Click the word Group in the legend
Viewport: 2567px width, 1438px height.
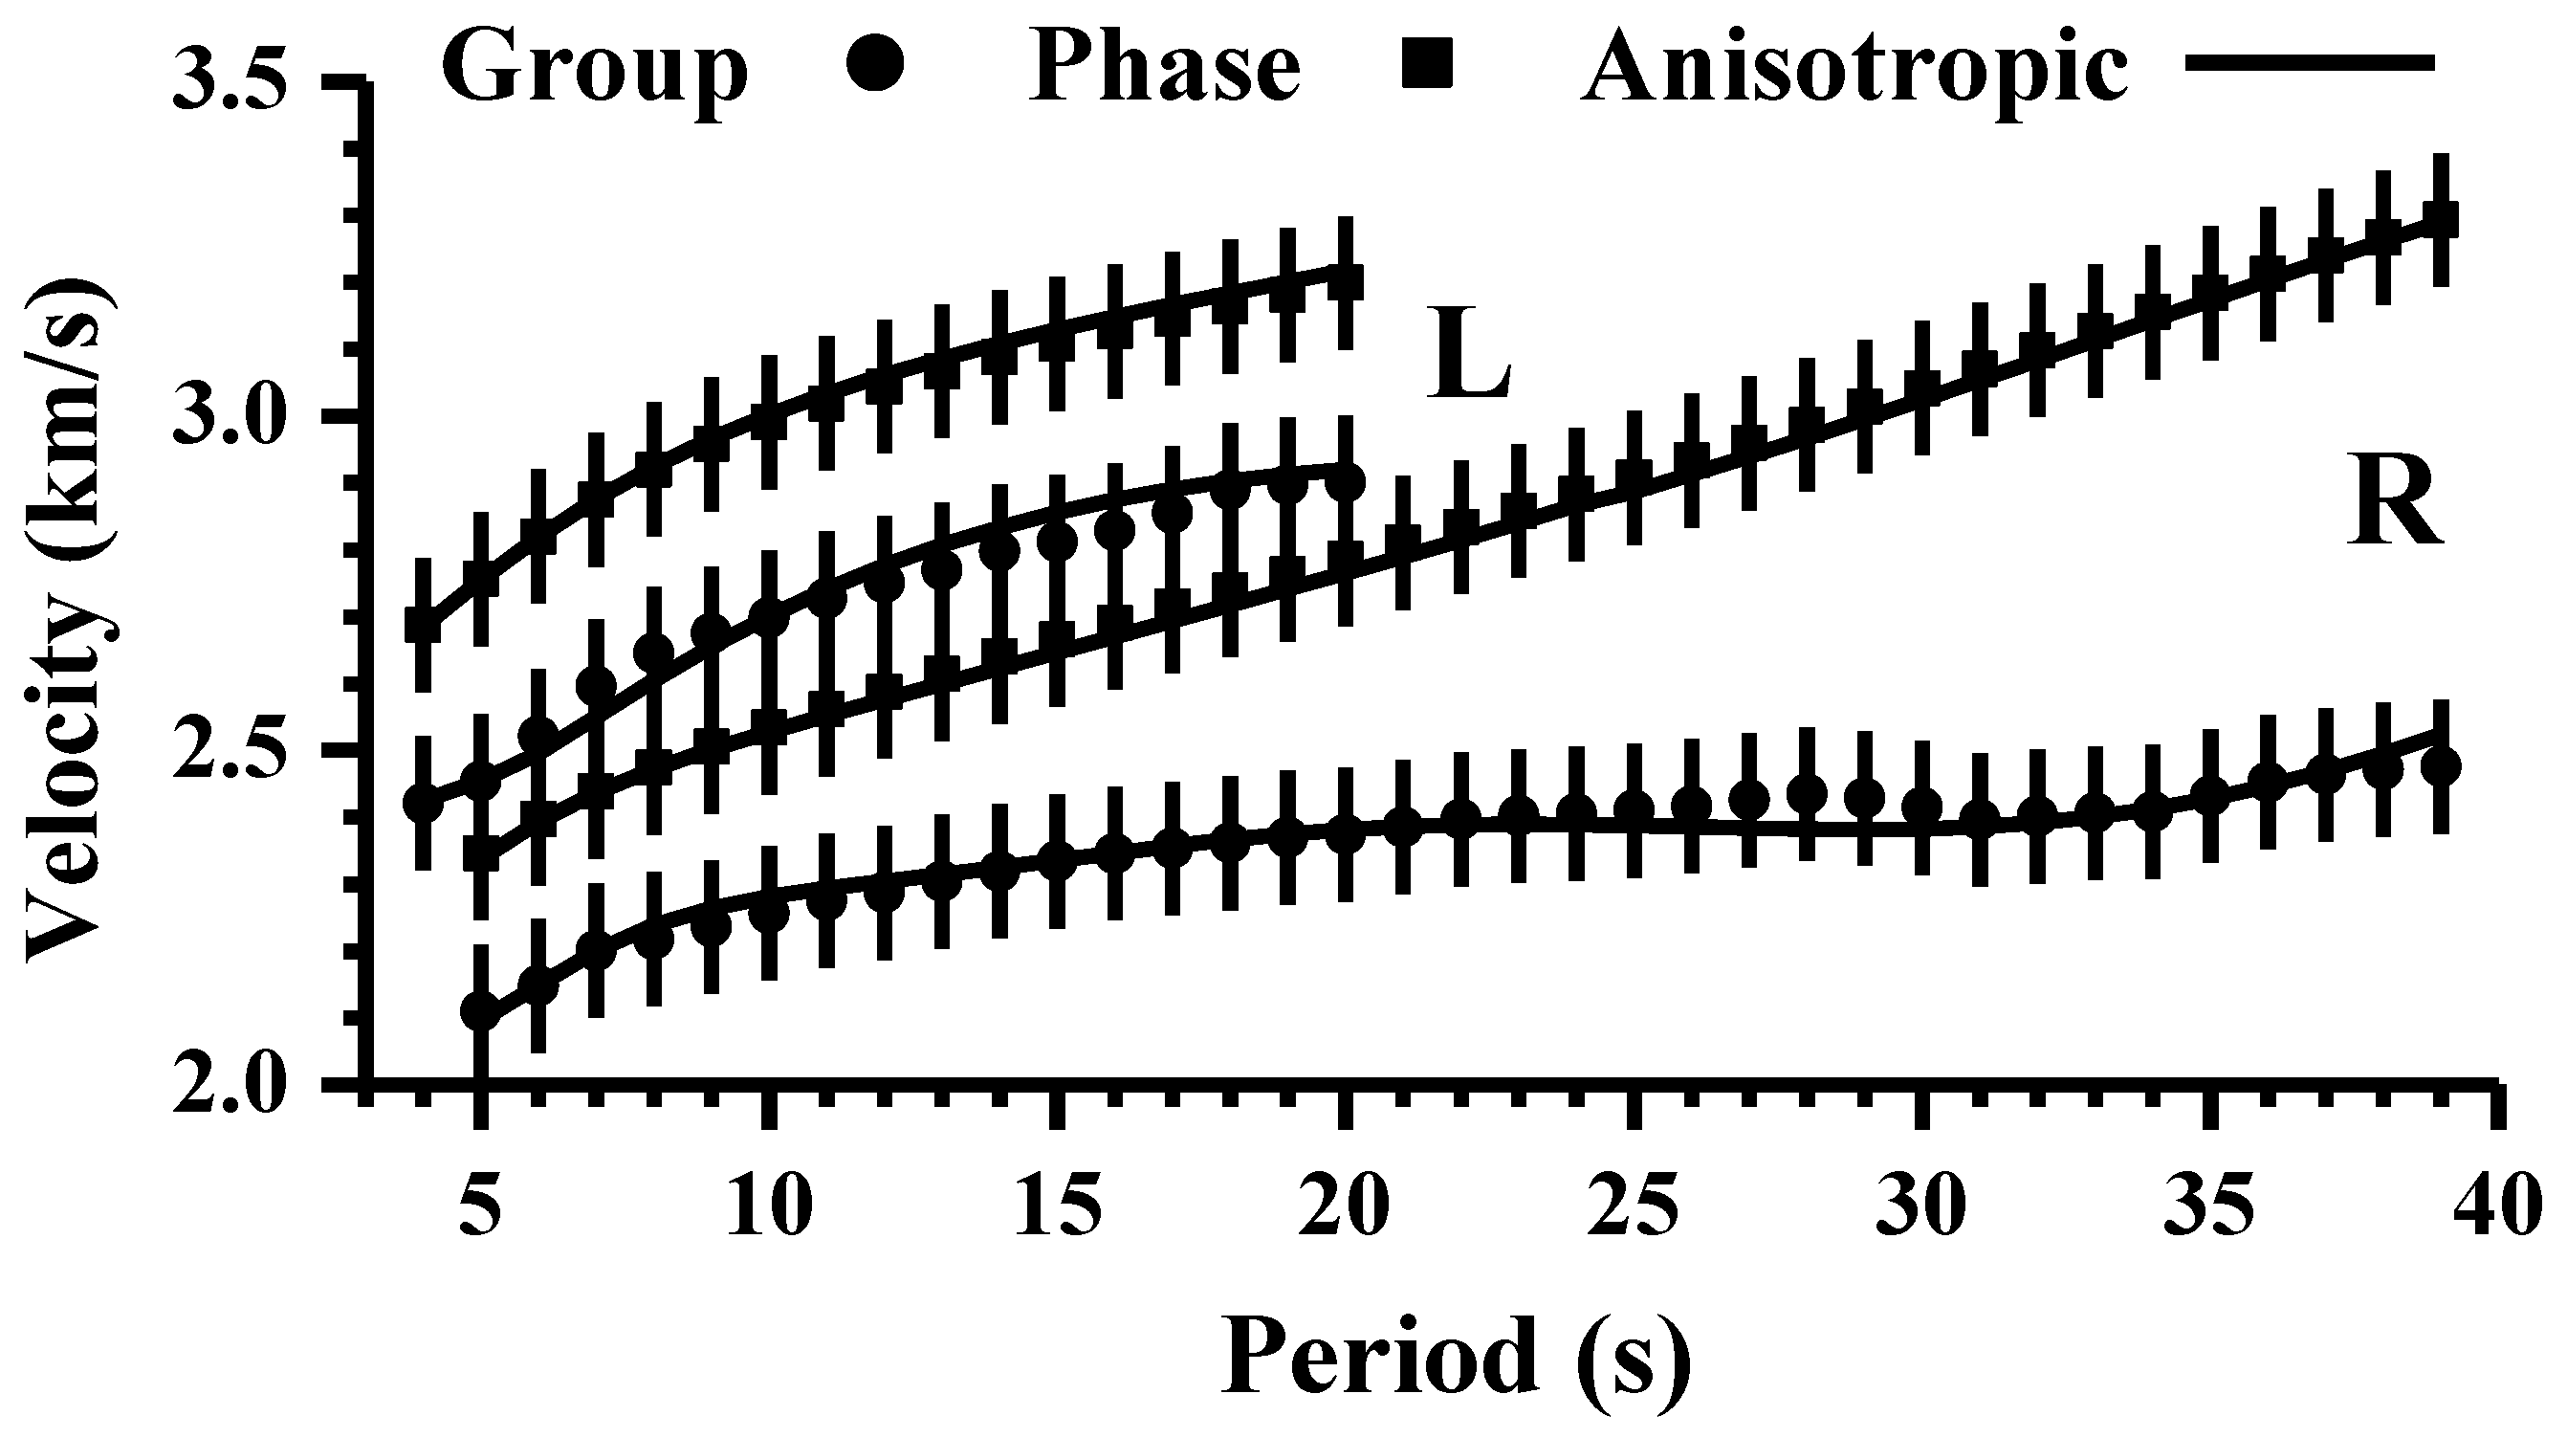[x=595, y=68]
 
